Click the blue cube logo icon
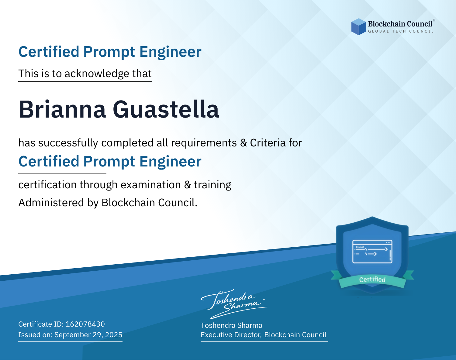[x=358, y=27]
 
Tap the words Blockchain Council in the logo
[x=400, y=24]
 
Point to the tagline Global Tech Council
[x=401, y=31]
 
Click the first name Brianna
[x=62, y=109]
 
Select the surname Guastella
[x=166, y=109]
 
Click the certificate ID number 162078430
[x=85, y=324]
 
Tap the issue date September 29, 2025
[x=88, y=335]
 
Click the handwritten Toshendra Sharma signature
[x=234, y=304]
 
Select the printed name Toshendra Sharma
[x=231, y=325]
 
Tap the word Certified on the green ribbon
[x=372, y=279]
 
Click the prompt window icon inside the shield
[x=372, y=252]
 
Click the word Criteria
[x=268, y=143]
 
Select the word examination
[x=151, y=185]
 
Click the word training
[x=213, y=185]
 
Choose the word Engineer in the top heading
[x=170, y=52]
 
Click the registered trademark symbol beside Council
[x=434, y=20]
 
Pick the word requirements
[x=204, y=143]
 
